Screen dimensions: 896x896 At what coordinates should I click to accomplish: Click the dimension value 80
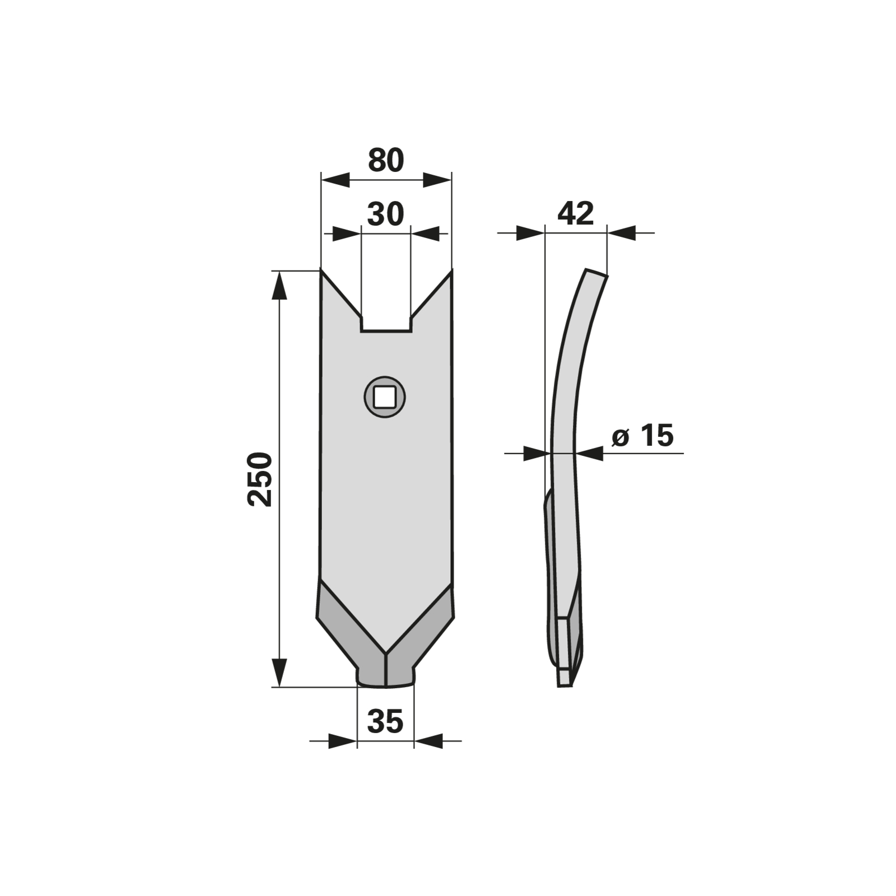click(x=386, y=160)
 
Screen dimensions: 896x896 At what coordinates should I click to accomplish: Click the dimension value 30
click(x=385, y=214)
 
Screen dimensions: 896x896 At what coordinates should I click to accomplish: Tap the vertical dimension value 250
click(x=260, y=479)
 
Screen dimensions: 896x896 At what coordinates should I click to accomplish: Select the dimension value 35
click(x=385, y=721)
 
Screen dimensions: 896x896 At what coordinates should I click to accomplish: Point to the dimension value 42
click(x=576, y=213)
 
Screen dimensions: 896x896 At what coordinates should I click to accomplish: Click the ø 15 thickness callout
click(x=642, y=435)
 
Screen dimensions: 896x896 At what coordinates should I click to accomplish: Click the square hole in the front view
click(x=385, y=397)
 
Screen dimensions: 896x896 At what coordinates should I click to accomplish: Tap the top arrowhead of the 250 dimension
click(x=279, y=286)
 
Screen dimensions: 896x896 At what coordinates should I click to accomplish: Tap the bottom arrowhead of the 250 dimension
click(x=279, y=673)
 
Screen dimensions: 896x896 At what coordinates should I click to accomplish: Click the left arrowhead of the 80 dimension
click(x=335, y=180)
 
